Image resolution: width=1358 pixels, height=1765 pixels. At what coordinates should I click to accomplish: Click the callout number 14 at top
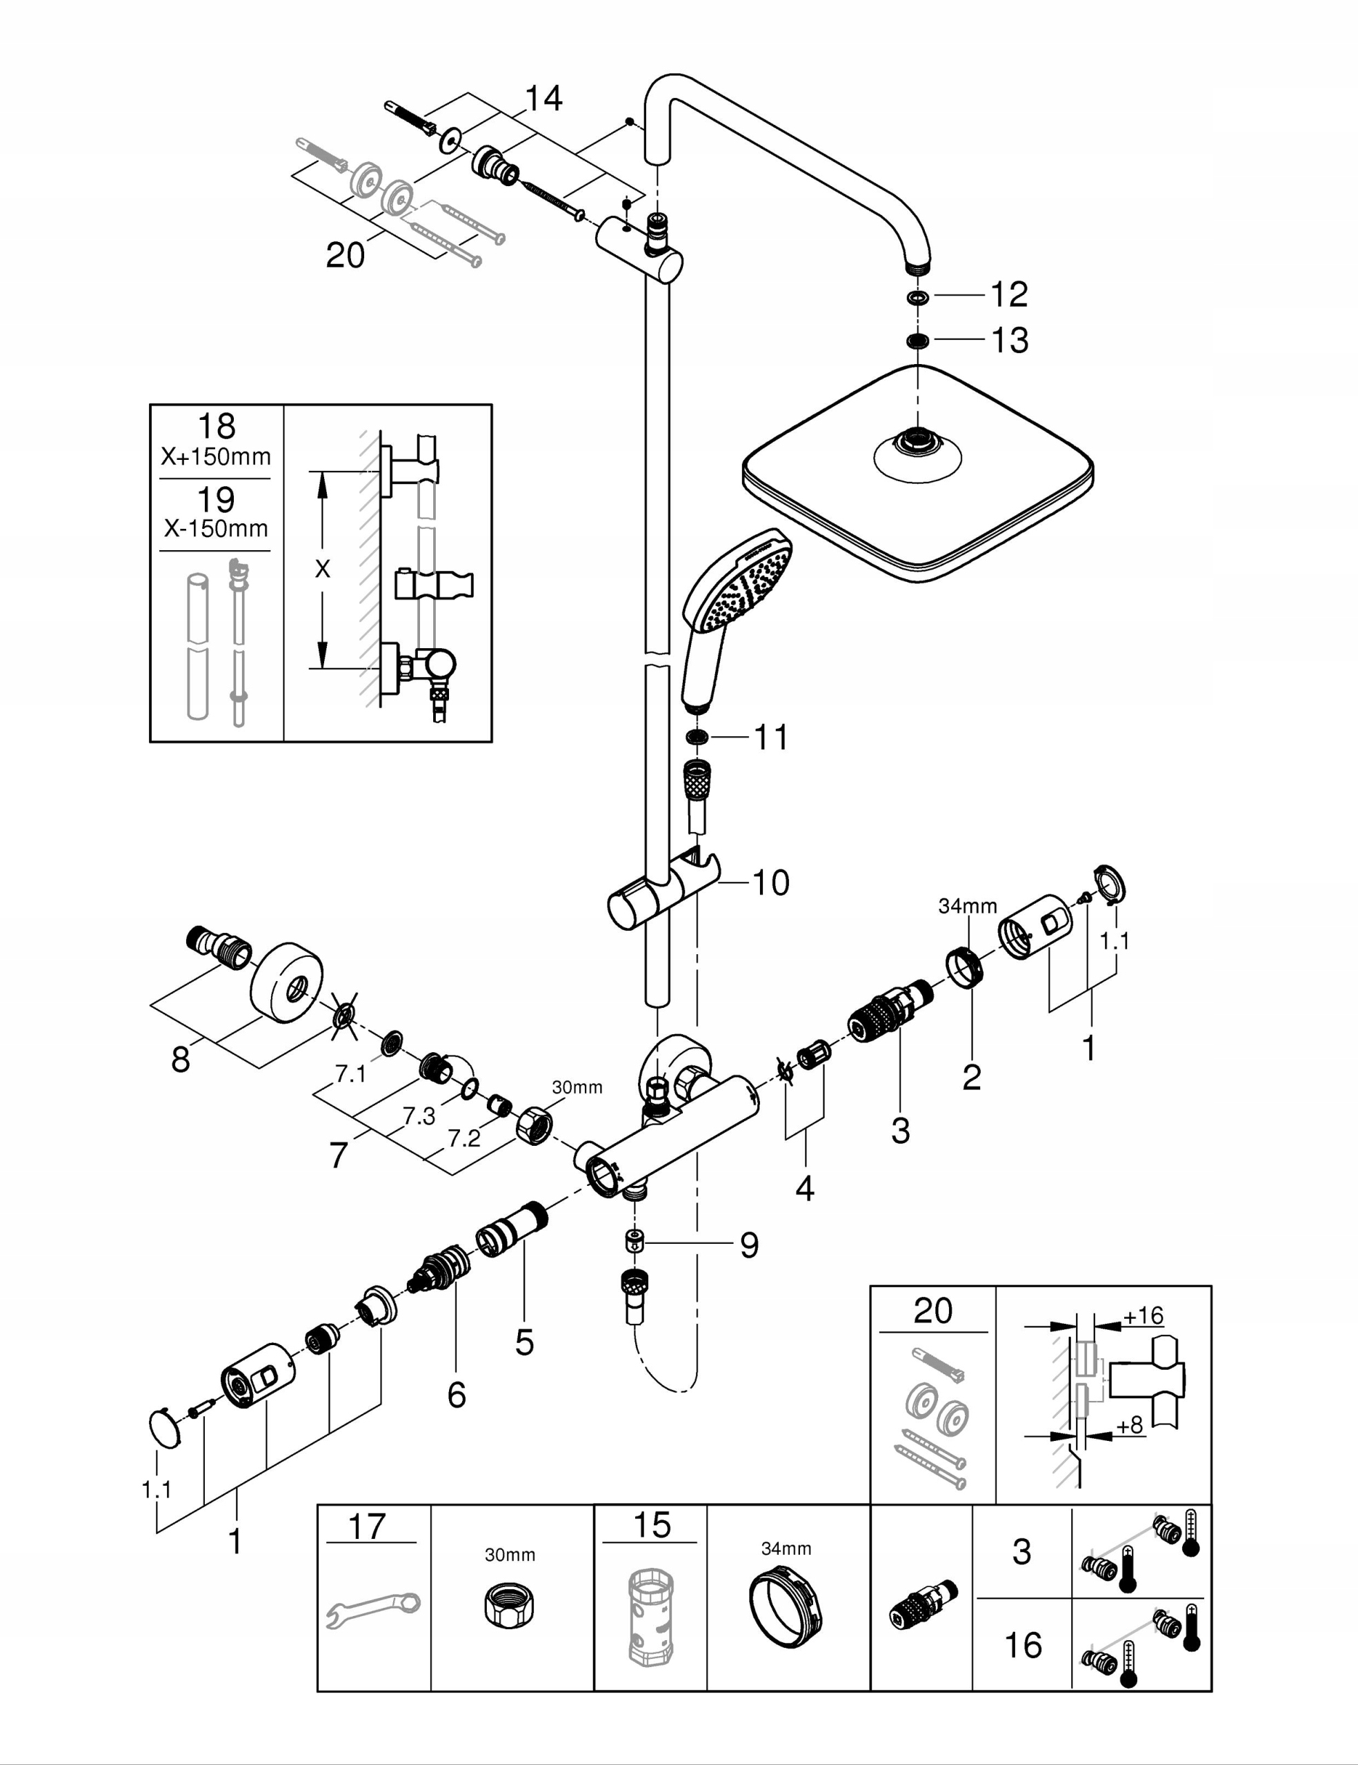tap(543, 99)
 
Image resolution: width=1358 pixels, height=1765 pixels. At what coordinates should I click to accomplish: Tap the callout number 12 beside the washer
tap(1010, 295)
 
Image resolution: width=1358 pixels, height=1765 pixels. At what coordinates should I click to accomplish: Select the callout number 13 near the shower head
tap(1010, 340)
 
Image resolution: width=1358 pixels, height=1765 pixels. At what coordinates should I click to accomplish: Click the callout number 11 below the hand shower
tap(770, 737)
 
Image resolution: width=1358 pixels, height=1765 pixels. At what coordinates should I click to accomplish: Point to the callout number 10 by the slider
tap(770, 882)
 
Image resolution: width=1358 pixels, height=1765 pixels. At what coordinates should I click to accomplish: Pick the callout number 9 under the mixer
tap(749, 1245)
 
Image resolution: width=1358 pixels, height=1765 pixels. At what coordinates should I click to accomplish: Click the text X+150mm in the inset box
tap(216, 456)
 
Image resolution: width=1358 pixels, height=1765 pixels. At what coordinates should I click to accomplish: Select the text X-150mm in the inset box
tap(216, 529)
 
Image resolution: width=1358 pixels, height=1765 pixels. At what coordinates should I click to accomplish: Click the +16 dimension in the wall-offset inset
tap(1143, 1315)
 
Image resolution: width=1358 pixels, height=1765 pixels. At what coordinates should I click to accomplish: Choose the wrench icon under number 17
tap(372, 1611)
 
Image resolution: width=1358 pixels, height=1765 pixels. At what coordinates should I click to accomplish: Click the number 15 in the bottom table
tap(652, 1526)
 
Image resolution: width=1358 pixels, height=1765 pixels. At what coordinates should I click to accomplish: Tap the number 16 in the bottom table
tap(1023, 1646)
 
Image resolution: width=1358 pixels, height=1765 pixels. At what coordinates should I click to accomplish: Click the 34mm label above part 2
tap(967, 906)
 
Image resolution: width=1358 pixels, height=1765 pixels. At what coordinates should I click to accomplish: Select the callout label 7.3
tap(419, 1116)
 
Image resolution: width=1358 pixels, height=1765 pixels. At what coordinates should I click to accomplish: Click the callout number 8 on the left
tap(180, 1059)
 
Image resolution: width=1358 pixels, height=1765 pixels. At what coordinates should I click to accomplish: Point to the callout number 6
tap(457, 1395)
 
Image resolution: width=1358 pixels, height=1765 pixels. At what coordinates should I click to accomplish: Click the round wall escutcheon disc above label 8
tap(286, 981)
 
